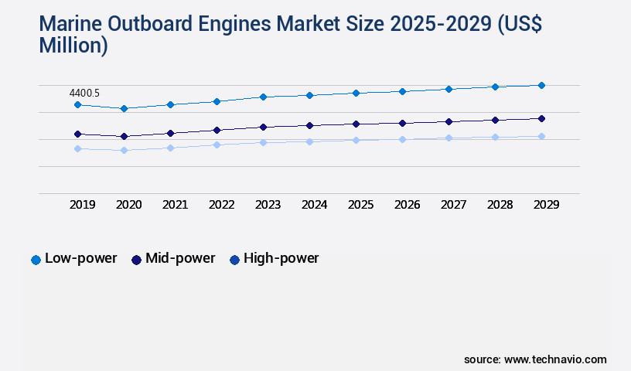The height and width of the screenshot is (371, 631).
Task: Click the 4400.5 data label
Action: (85, 93)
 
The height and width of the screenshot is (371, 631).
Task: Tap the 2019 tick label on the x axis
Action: (83, 205)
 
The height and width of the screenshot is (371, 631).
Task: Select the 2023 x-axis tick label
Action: (268, 205)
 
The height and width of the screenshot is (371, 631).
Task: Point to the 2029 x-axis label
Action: (545, 205)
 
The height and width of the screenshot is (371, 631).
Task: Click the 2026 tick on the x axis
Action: (407, 205)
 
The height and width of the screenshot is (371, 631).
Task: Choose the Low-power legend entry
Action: (73, 258)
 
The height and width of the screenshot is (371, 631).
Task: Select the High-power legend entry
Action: (274, 258)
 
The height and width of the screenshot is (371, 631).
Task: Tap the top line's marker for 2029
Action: (541, 85)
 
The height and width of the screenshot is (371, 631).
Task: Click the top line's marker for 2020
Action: (124, 108)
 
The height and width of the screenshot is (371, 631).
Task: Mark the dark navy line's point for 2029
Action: (541, 118)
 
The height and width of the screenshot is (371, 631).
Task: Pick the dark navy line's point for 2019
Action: (77, 134)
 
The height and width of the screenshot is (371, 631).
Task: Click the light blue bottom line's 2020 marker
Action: (124, 150)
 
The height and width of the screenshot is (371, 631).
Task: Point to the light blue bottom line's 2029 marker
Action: (541, 136)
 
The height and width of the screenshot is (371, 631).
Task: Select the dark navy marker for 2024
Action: (309, 125)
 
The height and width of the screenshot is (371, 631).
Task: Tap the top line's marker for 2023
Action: (263, 97)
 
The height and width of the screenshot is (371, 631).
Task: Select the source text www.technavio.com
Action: (555, 359)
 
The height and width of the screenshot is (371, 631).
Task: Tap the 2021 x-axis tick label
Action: (175, 205)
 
